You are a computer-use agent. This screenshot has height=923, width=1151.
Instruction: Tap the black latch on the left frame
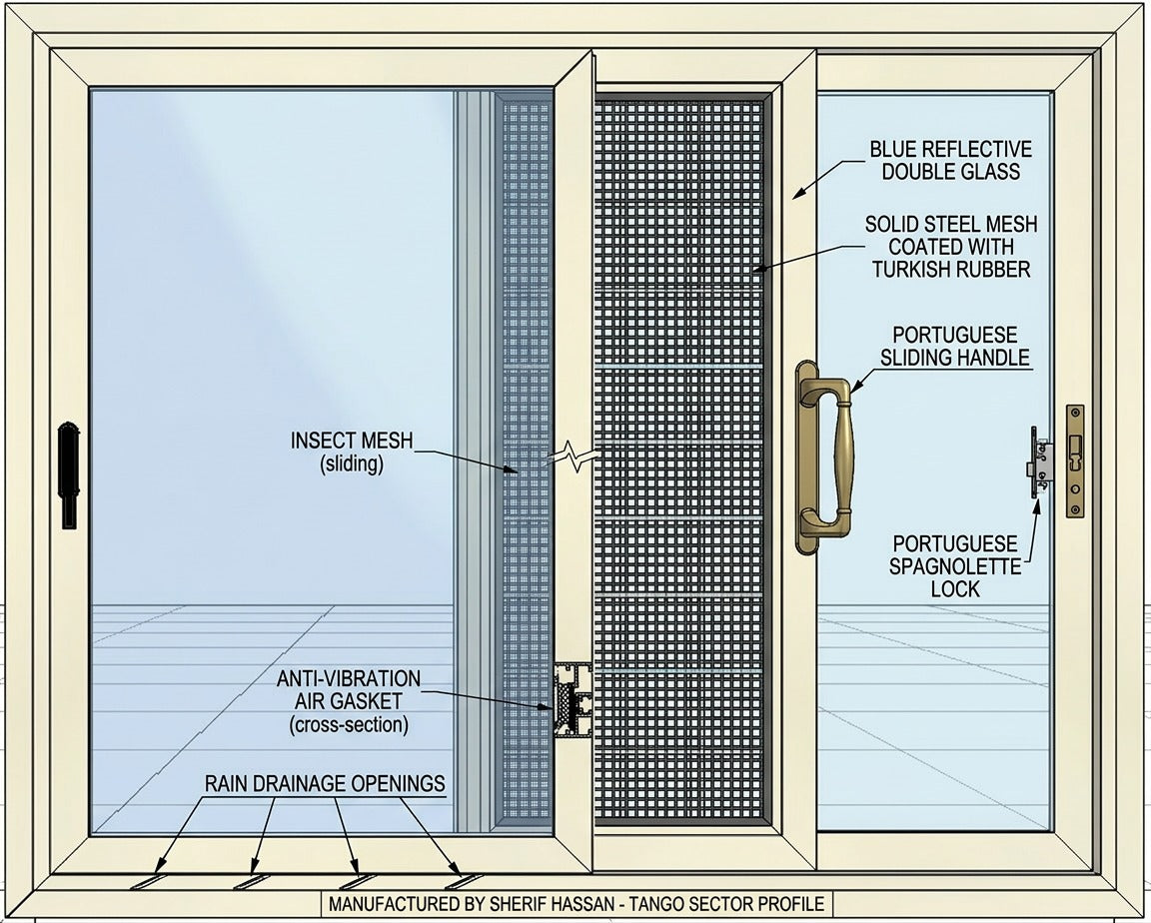[x=69, y=474]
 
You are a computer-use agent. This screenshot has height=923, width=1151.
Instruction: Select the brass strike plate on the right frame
[x=1075, y=461]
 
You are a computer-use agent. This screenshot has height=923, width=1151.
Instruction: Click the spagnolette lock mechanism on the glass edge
[x=1039, y=462]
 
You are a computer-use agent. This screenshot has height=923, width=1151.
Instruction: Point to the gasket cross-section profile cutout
[x=573, y=700]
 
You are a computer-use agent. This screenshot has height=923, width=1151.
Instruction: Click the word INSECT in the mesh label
[x=322, y=441]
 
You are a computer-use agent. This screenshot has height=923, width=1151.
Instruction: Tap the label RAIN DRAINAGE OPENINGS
[x=325, y=783]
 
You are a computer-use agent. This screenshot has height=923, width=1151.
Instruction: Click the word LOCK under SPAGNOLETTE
[x=955, y=588]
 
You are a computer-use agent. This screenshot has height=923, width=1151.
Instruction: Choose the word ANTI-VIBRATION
[x=349, y=678]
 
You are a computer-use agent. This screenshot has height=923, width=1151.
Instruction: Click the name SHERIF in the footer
[x=517, y=904]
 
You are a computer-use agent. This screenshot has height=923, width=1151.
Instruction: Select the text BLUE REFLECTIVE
[x=950, y=149]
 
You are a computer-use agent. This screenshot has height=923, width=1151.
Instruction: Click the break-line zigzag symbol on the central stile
[x=574, y=458]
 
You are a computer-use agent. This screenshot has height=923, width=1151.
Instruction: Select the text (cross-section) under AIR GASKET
[x=349, y=725]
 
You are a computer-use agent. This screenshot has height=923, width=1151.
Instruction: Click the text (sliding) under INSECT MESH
[x=352, y=463]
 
